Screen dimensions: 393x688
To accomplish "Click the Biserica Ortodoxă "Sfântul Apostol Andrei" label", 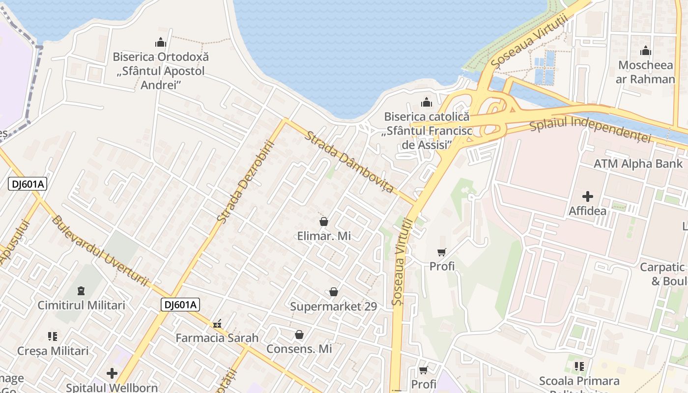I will [x=161, y=70].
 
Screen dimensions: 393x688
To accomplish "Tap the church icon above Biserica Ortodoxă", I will [x=161, y=42].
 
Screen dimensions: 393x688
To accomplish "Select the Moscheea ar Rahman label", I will [x=646, y=72].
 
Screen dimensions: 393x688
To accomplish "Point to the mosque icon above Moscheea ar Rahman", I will [x=646, y=51].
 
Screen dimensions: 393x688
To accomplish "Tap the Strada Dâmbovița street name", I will [x=349, y=162].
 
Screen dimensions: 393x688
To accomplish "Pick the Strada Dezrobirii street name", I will [x=245, y=182].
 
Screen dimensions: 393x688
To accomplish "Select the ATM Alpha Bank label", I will [x=638, y=164].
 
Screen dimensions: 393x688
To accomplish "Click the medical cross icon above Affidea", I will [x=587, y=197].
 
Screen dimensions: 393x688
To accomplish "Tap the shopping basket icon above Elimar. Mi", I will [x=324, y=222].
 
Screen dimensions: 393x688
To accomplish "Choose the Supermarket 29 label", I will [x=334, y=307].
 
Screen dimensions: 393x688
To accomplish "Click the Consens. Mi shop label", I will [x=299, y=349].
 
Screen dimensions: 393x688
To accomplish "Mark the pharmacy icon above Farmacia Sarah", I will [x=217, y=324].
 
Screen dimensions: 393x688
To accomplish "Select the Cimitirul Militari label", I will [x=82, y=305].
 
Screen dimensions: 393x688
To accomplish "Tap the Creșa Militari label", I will [x=53, y=351].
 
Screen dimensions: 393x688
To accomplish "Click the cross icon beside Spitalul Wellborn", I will [x=112, y=373].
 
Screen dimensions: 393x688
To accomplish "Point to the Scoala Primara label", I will [x=579, y=381].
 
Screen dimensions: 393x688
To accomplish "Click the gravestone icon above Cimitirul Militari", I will [x=82, y=291].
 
